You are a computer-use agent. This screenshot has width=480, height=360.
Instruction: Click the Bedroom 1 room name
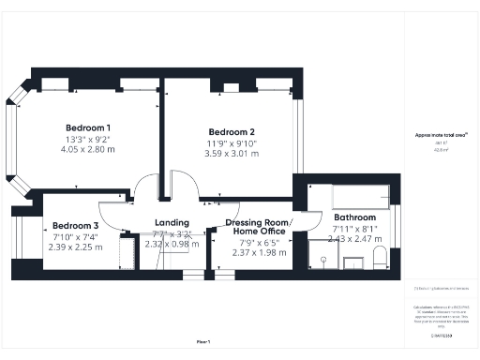88,127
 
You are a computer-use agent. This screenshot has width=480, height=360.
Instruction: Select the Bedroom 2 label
232,131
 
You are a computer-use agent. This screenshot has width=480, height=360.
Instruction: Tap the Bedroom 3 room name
75,226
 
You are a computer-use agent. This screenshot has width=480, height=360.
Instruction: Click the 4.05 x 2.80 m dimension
87,149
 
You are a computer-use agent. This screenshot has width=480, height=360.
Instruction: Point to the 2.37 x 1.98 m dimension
256,251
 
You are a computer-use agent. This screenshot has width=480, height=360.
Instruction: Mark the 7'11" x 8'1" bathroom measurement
353,229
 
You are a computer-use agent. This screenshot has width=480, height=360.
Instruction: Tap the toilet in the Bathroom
379,259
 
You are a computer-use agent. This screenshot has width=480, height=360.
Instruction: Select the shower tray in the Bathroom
322,255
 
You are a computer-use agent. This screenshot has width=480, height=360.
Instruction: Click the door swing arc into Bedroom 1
146,187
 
